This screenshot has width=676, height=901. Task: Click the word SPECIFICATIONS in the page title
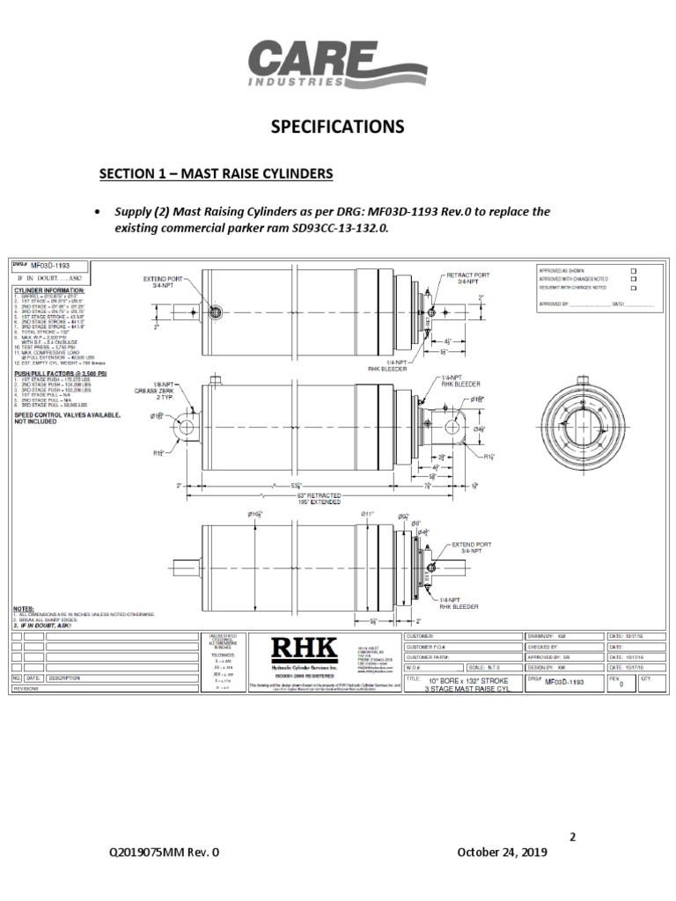(x=338, y=127)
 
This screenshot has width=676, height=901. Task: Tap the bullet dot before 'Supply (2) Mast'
(x=96, y=212)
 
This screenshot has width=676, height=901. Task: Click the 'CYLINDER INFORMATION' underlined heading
(x=48, y=289)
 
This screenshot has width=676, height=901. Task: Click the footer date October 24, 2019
(x=503, y=853)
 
